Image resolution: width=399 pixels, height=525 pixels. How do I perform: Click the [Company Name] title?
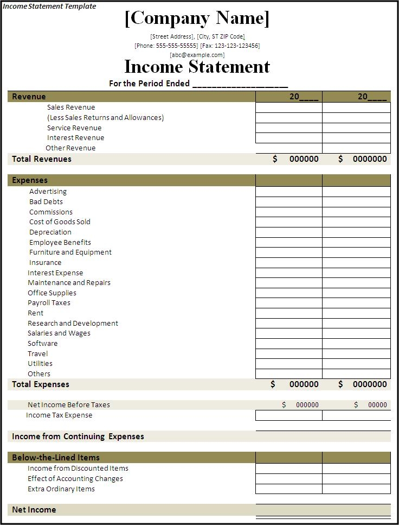tap(197, 18)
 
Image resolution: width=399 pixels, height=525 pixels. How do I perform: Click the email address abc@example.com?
tap(197, 55)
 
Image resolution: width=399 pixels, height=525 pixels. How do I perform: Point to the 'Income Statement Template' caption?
tap(49, 7)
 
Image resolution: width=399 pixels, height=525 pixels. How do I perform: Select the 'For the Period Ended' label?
tap(149, 84)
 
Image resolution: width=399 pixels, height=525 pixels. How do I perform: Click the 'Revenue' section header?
tap(29, 97)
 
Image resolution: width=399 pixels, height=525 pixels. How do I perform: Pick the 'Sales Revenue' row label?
tap(70, 107)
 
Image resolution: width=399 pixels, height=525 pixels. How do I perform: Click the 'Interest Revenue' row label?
tap(75, 138)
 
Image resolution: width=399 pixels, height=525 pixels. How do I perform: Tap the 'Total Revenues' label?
tap(42, 159)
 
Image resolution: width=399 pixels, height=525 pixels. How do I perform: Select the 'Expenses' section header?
tap(30, 180)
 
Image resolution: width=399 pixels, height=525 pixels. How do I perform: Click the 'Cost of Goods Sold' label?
tap(60, 222)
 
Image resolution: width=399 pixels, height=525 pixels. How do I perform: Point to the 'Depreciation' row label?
tap(50, 232)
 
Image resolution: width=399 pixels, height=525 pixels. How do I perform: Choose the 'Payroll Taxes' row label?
tap(49, 303)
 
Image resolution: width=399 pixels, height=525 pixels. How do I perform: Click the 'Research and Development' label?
tap(73, 324)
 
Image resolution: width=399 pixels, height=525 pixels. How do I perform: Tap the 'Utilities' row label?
tap(40, 364)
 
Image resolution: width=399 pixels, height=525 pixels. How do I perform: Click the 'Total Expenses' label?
tap(41, 384)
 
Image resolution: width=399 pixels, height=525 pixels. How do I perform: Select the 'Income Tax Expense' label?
tap(59, 415)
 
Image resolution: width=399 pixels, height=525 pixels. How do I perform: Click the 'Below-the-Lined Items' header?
tap(56, 458)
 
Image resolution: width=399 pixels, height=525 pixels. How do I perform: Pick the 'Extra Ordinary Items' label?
tap(61, 489)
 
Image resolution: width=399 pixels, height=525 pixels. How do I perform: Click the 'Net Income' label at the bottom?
tap(34, 510)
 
